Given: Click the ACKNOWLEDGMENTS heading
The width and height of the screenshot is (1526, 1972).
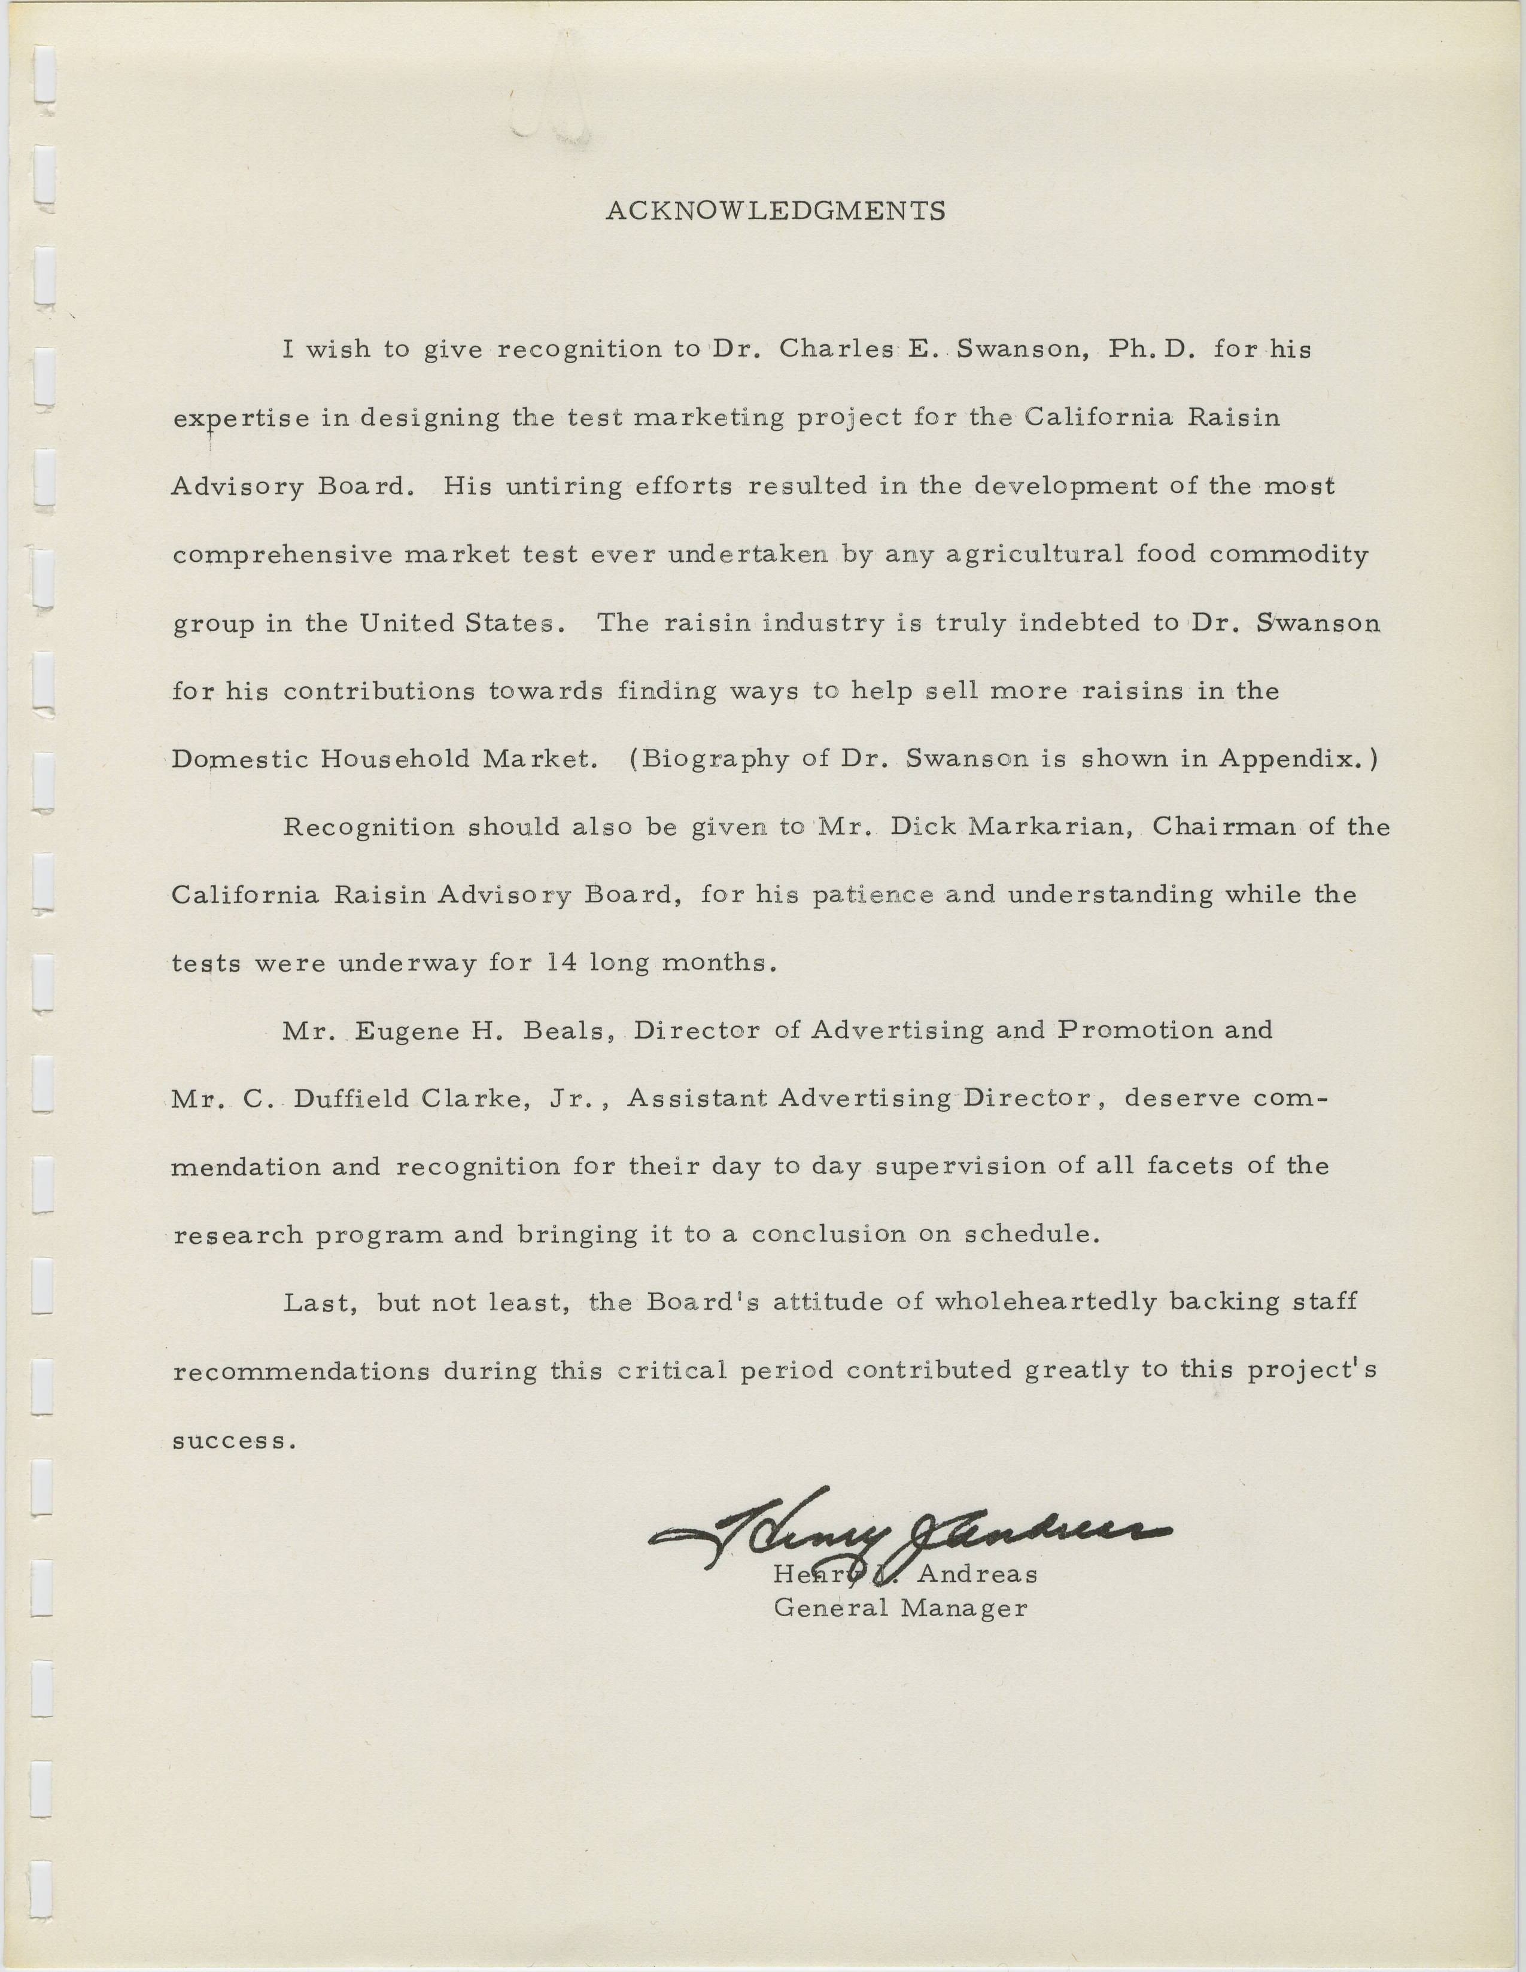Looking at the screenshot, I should click(775, 211).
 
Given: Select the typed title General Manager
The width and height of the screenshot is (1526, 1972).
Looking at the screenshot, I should click(900, 1608).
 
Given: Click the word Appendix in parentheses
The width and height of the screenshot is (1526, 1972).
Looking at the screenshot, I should click(1290, 759).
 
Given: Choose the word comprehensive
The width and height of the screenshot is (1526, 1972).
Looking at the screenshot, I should click(282, 555).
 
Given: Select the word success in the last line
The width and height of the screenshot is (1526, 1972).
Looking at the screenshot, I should click(233, 1440).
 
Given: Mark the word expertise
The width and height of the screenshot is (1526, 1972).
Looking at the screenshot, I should click(241, 419).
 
